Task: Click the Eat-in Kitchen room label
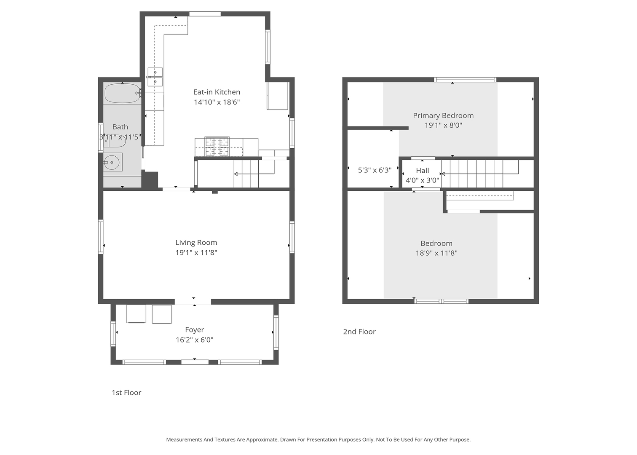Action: click(x=217, y=92)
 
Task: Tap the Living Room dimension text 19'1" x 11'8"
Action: click(x=196, y=252)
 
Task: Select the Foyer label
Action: click(x=195, y=330)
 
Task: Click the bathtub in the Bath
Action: click(x=123, y=93)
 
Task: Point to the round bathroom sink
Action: click(x=112, y=162)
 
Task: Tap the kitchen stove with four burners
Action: click(x=217, y=147)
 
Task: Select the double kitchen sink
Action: click(x=155, y=77)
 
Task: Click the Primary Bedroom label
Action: click(x=443, y=115)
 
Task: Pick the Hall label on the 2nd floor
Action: click(x=422, y=171)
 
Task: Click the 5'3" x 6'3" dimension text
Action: click(x=375, y=170)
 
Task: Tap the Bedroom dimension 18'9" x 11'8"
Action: click(x=436, y=253)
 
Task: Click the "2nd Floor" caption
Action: click(x=359, y=332)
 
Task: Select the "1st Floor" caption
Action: click(x=126, y=393)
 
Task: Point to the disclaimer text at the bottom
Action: click(x=318, y=439)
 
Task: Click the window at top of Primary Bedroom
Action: click(x=465, y=80)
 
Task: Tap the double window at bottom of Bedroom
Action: click(x=441, y=301)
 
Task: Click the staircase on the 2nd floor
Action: click(x=479, y=174)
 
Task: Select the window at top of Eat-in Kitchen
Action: click(x=205, y=13)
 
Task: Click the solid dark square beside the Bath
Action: click(x=150, y=180)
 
